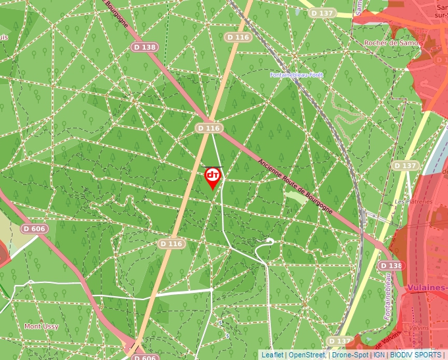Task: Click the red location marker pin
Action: coord(213,177)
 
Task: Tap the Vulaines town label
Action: coord(427,288)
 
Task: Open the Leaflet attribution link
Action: coord(271,355)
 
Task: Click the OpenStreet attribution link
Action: coord(307,355)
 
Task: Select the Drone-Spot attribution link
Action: coord(350,355)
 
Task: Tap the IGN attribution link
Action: coord(379,355)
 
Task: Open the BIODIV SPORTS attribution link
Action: coord(416,355)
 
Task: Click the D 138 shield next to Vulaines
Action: coord(391,265)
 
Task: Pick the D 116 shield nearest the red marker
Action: coord(208,128)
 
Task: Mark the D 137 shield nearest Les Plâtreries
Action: coord(405,165)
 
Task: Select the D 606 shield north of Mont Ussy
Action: coord(34,228)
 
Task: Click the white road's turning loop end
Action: coord(269,242)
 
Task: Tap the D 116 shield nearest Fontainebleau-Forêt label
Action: coord(238,38)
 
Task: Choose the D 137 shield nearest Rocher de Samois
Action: coord(323,13)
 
